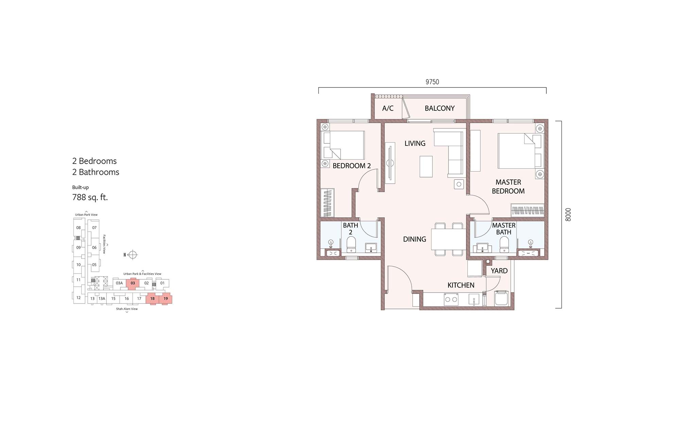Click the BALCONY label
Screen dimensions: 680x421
tap(440, 108)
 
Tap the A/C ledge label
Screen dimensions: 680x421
tap(388, 108)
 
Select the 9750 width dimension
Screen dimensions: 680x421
tap(432, 82)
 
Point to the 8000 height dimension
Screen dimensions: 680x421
tap(568, 215)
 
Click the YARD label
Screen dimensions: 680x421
tap(499, 271)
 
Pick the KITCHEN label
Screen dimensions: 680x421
tap(461, 285)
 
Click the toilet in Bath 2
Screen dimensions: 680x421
tap(351, 245)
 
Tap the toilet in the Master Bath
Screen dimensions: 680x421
tap(504, 245)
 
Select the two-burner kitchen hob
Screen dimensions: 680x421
tap(451, 300)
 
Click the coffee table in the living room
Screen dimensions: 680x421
tap(426, 167)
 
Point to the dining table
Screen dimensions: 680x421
tap(449, 239)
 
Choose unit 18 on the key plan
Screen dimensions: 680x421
tap(152, 299)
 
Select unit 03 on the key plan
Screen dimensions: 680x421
tap(133, 283)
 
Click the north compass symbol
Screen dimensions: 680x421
tap(133, 255)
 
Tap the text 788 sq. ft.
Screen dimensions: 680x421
tap(90, 197)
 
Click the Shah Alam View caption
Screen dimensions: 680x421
tap(127, 309)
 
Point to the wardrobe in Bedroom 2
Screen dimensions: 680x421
tap(327, 203)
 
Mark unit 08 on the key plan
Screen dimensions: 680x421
tap(79, 228)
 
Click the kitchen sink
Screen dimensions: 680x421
tap(474, 300)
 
